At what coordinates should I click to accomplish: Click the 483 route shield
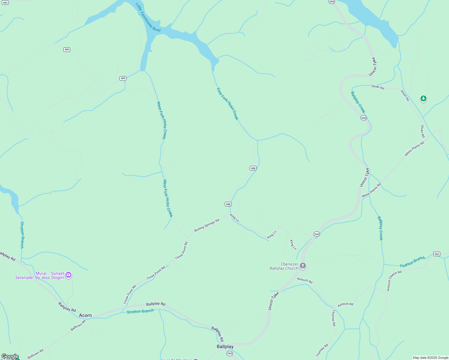point(5,3)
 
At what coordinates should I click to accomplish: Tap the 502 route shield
point(437,254)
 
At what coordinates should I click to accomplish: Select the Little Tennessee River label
point(148,17)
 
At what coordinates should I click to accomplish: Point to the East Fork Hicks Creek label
point(228,104)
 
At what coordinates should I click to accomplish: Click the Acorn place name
point(85,315)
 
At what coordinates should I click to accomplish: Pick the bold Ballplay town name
point(225,346)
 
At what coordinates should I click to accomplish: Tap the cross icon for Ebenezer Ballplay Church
point(303,265)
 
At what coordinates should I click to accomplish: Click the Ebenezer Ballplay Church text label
point(284,266)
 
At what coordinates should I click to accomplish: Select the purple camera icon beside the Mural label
point(68,275)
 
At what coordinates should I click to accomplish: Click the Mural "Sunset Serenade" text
point(40,275)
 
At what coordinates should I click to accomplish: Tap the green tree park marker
point(423,98)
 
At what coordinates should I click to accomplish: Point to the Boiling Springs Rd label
point(207,225)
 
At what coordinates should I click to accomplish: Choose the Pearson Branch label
point(412,262)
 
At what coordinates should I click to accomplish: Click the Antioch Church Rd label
point(394,281)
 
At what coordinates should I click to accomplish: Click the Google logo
point(10,356)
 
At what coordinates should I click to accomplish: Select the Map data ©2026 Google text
point(430,358)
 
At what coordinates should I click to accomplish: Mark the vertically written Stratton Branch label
point(22,235)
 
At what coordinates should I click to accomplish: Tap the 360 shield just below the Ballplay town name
point(230,353)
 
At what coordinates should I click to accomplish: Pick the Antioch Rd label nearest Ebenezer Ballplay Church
point(305,280)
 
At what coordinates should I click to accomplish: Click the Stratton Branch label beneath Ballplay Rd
point(140,311)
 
